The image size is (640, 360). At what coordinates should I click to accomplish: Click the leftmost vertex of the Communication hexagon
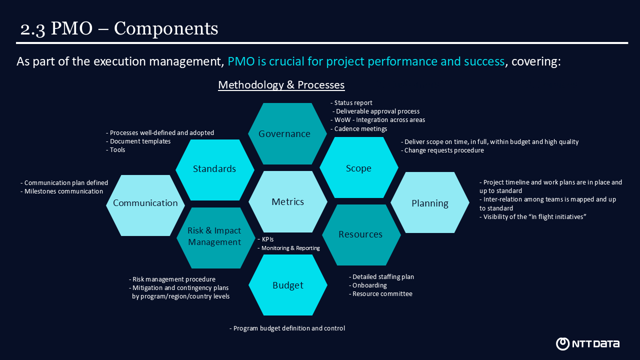106,205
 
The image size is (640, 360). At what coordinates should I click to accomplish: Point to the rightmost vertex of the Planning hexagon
469,202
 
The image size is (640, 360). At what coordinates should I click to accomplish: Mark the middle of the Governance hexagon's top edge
287,103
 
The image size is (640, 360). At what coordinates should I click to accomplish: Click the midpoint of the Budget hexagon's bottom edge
287,315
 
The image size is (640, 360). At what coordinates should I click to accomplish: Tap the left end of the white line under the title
16,43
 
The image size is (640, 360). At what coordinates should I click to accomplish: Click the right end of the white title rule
628,43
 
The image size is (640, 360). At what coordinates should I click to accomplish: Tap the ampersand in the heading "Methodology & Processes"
290,85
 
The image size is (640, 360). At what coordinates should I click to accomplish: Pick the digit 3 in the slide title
40,29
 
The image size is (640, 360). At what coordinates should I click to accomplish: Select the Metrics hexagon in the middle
287,201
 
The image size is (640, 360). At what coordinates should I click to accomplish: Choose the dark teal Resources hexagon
361,235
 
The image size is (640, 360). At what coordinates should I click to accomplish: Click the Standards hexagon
215,169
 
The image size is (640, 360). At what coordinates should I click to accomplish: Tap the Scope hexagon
359,167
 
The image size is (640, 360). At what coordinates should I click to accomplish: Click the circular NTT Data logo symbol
562,343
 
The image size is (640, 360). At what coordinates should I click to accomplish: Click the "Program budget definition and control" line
287,328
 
